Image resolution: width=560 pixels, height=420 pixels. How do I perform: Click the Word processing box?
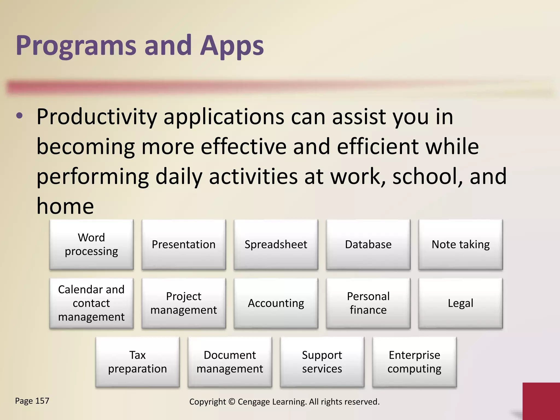click(91, 244)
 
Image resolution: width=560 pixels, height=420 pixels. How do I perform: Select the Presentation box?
click(183, 244)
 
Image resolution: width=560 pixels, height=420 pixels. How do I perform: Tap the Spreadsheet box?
click(276, 244)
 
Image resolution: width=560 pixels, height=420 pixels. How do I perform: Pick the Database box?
click(368, 244)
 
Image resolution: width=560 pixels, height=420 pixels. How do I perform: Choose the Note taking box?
click(460, 244)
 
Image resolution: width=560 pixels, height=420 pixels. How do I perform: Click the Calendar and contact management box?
click(91, 303)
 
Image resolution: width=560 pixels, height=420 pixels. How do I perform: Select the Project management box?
click(183, 303)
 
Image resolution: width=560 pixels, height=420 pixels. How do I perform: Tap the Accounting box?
click(276, 303)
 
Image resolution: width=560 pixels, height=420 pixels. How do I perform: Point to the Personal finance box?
click(368, 303)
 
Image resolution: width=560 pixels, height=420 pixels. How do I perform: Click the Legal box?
click(460, 303)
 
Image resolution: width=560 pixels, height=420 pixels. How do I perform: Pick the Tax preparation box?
click(138, 362)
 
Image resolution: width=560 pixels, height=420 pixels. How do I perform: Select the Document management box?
click(230, 362)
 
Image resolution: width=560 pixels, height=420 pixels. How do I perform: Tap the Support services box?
click(322, 362)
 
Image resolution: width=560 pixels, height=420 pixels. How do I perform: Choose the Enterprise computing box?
click(414, 362)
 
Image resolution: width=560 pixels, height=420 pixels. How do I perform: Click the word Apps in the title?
click(232, 46)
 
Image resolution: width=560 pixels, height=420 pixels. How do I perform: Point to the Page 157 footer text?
click(32, 401)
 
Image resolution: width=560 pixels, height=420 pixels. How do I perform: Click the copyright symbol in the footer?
click(232, 402)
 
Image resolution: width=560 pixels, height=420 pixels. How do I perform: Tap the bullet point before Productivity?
click(19, 116)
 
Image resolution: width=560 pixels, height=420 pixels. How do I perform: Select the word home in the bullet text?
click(65, 206)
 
